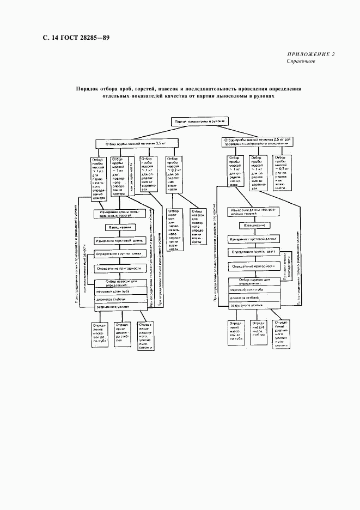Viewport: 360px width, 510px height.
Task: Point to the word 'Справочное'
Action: (301, 61)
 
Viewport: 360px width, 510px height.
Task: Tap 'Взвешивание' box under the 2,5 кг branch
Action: (255, 225)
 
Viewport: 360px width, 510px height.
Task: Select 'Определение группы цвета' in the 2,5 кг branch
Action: (255, 252)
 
